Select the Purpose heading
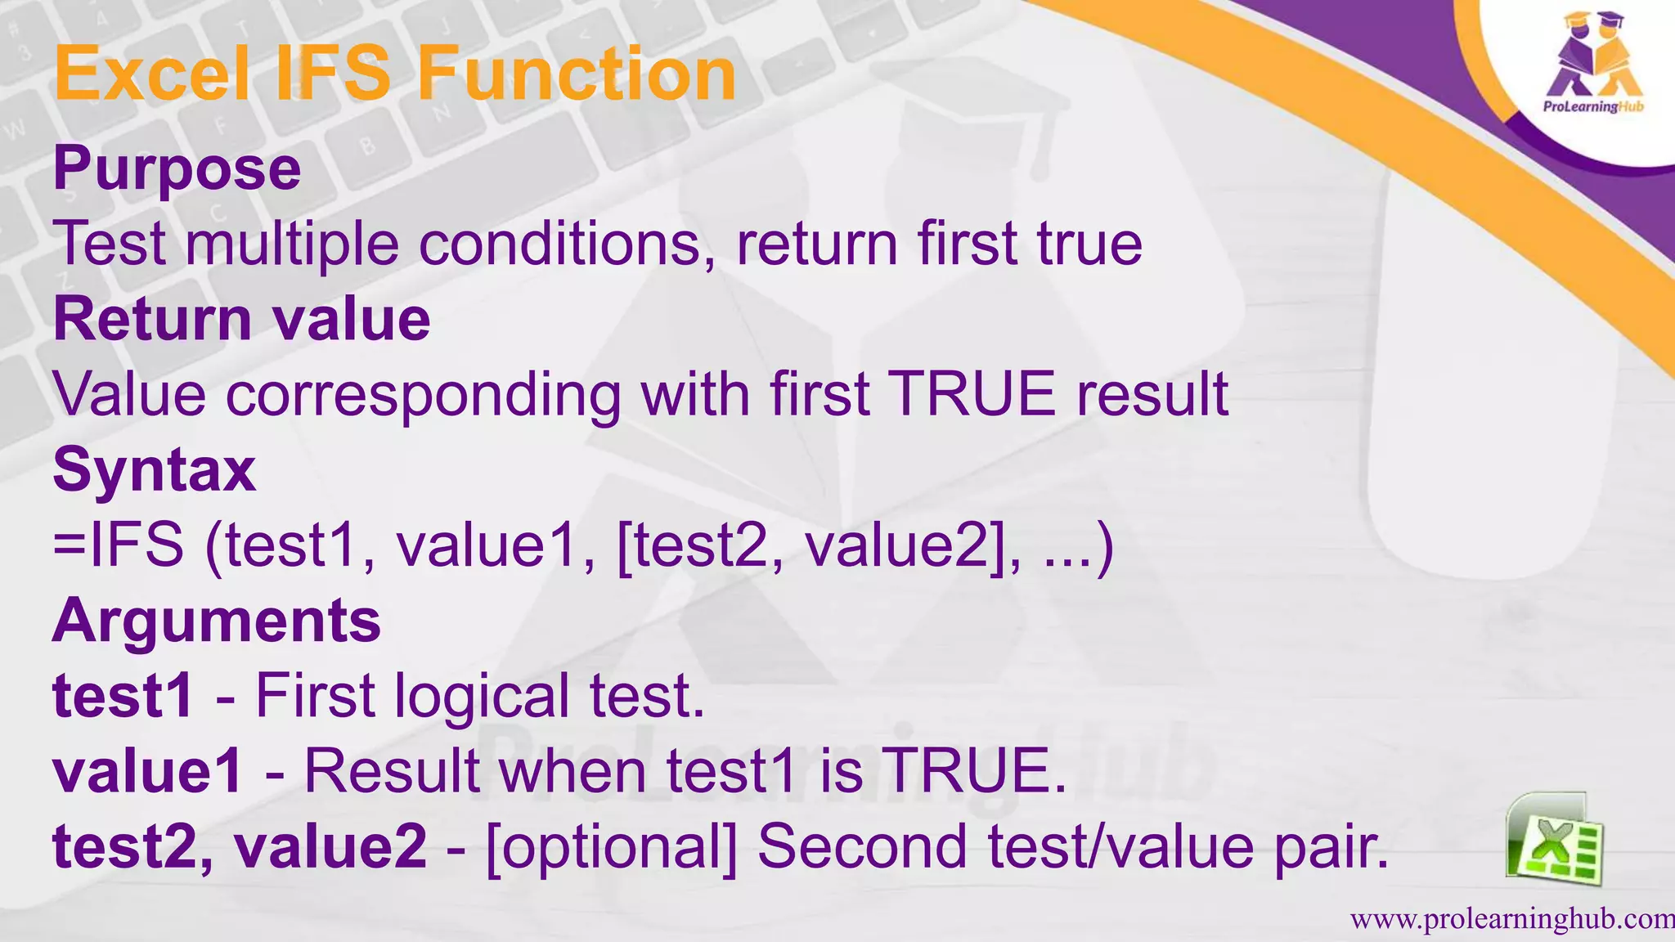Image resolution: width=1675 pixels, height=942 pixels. tap(177, 168)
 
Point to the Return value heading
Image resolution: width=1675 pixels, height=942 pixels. tap(241, 319)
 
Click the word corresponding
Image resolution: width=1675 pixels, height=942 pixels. tap(423, 395)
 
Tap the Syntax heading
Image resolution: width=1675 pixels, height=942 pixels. tap(155, 470)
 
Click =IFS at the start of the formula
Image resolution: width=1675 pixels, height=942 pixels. tap(119, 545)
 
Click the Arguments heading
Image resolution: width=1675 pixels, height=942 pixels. tap(217, 621)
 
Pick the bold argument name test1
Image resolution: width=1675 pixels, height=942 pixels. tap(123, 696)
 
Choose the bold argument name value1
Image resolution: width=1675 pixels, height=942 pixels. tap(148, 771)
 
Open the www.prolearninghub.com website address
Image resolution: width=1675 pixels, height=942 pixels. tap(1511, 920)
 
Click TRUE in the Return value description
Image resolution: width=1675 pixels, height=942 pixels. tap(971, 395)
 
